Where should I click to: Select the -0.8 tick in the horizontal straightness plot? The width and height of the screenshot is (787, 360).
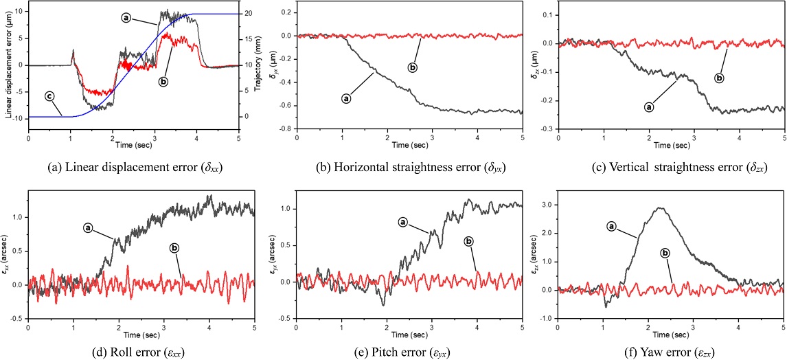tap(284, 128)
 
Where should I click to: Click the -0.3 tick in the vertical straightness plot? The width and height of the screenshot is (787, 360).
tap(547, 128)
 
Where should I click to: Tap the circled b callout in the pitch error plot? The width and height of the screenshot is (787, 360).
tap(469, 241)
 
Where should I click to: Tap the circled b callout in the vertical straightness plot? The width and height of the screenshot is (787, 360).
tap(719, 78)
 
